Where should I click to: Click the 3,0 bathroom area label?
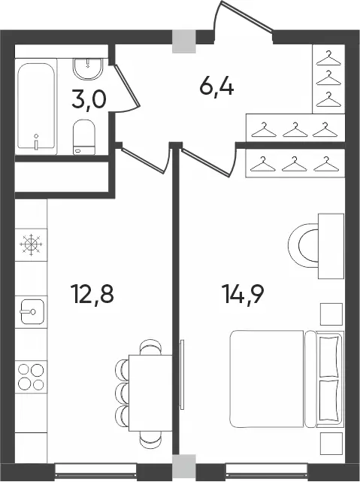[x=89, y=99]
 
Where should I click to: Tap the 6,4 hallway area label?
[x=216, y=86]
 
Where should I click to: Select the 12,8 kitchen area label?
[x=92, y=294]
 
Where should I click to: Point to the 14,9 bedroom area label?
[x=243, y=294]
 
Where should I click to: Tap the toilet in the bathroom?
[x=84, y=137]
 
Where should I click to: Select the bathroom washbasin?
[x=88, y=69]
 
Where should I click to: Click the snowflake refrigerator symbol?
[x=31, y=244]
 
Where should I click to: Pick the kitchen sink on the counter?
[x=32, y=311]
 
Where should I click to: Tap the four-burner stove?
[x=31, y=377]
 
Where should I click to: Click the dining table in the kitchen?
[x=150, y=393]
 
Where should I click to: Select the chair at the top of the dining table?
[x=150, y=347]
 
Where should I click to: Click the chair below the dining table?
[x=150, y=439]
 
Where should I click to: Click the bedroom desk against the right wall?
[x=331, y=246]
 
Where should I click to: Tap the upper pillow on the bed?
[x=329, y=356]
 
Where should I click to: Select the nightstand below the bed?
[x=331, y=444]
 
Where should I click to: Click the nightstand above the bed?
[x=331, y=314]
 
